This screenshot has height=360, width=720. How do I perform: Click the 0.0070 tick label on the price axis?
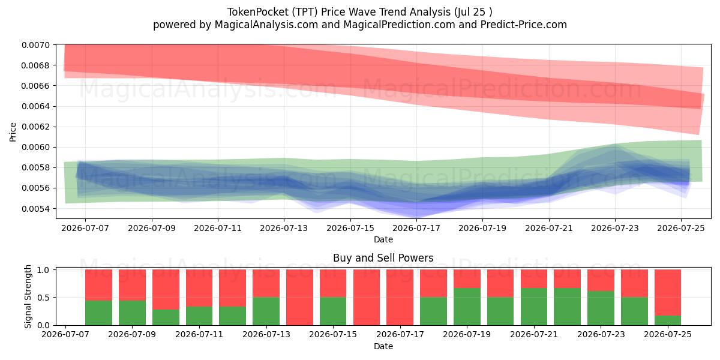pyautogui.click(x=35, y=45)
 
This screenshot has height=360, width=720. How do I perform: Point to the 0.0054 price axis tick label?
pyautogui.click(x=35, y=209)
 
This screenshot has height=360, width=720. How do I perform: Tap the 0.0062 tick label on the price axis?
pyautogui.click(x=35, y=127)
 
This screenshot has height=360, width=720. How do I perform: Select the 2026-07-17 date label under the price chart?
pyautogui.click(x=416, y=228)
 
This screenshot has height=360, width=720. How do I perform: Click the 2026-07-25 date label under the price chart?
pyautogui.click(x=681, y=228)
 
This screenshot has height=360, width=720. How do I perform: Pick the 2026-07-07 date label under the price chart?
pyautogui.click(x=85, y=228)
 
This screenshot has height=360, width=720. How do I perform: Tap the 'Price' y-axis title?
pyautogui.click(x=13, y=132)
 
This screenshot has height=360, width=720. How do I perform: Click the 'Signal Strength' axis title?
pyautogui.click(x=28, y=296)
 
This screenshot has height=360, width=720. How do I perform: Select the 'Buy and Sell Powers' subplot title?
pyautogui.click(x=383, y=258)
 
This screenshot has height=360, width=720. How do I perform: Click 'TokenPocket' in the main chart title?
pyautogui.click(x=258, y=12)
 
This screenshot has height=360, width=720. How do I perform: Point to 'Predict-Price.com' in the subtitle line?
pyautogui.click(x=524, y=25)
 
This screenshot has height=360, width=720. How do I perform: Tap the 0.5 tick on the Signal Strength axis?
pyautogui.click(x=43, y=298)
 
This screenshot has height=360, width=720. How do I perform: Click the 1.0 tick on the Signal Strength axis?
pyautogui.click(x=43, y=270)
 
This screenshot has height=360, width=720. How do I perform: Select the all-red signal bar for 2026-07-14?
pyautogui.click(x=299, y=298)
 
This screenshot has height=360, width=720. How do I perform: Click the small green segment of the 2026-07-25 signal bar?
pyautogui.click(x=668, y=320)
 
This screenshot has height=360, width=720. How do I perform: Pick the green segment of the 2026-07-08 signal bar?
pyautogui.click(x=98, y=313)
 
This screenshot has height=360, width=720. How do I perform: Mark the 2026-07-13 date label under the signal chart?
pyautogui.click(x=266, y=335)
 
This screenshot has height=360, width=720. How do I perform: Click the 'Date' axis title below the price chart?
pyautogui.click(x=383, y=239)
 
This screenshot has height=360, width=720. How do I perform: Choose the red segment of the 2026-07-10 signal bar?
pyautogui.click(x=166, y=290)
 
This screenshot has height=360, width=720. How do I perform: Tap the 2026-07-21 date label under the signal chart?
pyautogui.click(x=534, y=335)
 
